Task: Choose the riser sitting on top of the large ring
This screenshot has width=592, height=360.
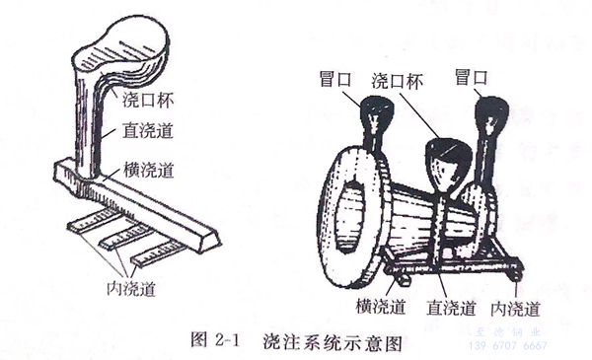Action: coord(374,123)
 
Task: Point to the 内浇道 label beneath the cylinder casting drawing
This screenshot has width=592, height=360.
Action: coord(514,309)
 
